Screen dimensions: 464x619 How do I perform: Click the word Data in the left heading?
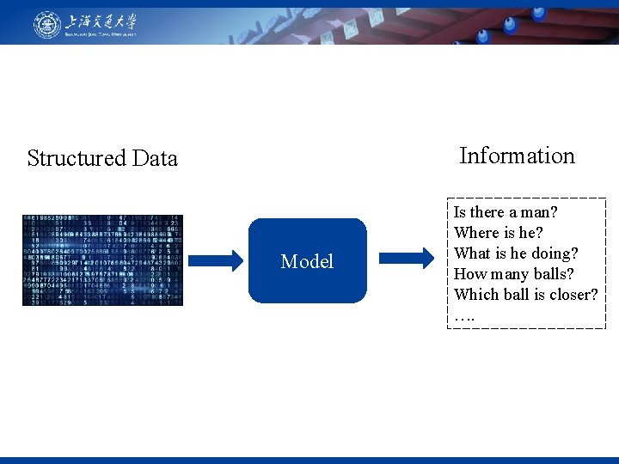155,158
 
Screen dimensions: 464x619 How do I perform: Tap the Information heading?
517,156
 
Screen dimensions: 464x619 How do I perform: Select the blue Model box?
307,261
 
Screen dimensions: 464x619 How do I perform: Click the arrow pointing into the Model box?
217,260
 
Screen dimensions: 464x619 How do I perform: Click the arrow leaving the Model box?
406,258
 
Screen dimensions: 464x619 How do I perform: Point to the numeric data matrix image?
102,260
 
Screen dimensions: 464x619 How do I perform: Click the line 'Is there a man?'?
506,212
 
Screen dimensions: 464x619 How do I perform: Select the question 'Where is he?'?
499,233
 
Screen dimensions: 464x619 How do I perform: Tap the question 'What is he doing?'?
516,253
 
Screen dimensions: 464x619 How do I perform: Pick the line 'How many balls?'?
514,274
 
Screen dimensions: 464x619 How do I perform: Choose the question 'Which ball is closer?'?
525,295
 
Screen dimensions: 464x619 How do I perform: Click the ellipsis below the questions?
463,316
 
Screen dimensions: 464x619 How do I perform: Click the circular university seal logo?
47,24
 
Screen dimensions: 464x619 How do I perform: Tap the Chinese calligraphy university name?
102,21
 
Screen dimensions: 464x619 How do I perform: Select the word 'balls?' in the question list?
554,274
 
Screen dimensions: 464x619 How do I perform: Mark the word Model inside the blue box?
307,261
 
